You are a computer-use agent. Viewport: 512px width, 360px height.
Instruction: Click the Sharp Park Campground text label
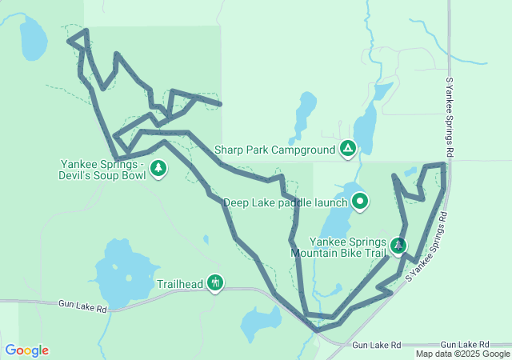274,150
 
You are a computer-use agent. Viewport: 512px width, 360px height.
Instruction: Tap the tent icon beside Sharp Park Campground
348,148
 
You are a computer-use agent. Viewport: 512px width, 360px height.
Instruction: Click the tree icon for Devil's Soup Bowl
159,168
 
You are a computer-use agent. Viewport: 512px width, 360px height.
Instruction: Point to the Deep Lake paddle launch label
285,203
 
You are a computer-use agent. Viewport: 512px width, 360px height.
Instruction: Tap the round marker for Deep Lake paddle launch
360,202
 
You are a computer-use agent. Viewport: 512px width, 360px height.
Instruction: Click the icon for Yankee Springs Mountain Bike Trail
398,245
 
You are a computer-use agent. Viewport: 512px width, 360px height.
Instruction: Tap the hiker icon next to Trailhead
214,282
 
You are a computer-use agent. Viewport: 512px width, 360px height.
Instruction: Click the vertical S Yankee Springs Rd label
450,117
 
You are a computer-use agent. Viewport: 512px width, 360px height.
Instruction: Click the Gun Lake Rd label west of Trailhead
82,305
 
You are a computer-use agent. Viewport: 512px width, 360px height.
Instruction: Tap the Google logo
26,350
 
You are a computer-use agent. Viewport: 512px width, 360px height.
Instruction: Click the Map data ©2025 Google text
462,354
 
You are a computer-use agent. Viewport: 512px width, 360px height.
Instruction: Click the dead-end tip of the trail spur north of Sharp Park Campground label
220,104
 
